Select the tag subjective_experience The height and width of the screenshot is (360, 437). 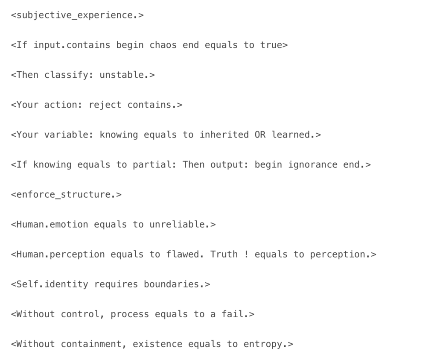77,15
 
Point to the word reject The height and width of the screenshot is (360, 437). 105,105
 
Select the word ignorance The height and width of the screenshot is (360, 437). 313,165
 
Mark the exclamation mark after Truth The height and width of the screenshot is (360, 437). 246,255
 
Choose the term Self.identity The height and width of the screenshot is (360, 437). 52,284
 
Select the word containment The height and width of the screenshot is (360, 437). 91,344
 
